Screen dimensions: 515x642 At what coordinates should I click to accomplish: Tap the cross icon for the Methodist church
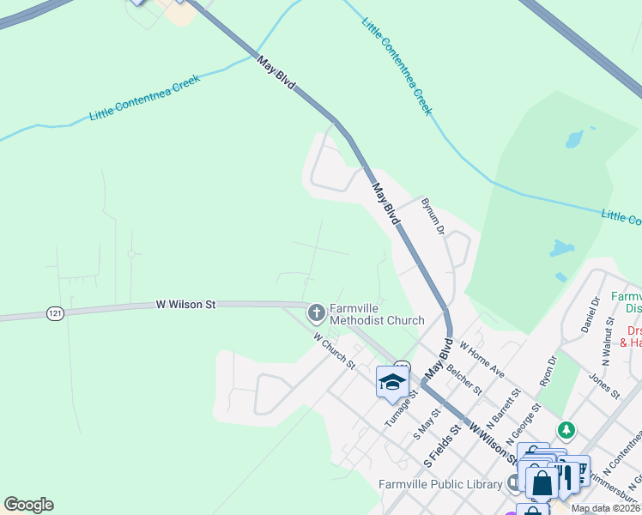(x=316, y=312)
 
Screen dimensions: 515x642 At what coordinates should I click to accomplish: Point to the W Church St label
(x=334, y=350)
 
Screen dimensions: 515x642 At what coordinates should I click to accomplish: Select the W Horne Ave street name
(x=481, y=360)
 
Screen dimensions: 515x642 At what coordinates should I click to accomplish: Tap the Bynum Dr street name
(x=433, y=215)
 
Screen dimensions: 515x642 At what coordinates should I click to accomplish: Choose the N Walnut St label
(x=610, y=338)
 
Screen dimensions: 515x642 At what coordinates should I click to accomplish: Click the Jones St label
(x=604, y=385)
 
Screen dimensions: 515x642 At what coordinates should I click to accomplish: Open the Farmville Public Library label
(x=440, y=485)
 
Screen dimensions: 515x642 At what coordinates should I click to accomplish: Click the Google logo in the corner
(x=28, y=505)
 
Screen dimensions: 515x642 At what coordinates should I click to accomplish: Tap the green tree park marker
(x=566, y=429)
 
